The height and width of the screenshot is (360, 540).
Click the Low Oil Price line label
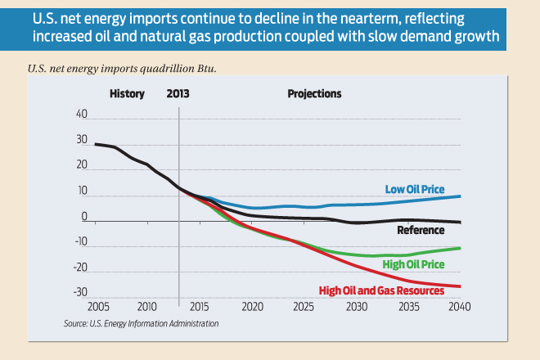[415, 190]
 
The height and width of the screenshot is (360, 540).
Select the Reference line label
[421, 230]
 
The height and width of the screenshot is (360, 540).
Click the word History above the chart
[127, 94]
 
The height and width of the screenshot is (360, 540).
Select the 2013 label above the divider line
[178, 94]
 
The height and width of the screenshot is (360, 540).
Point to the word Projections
[314, 94]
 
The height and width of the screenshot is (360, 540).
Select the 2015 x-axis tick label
[200, 308]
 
